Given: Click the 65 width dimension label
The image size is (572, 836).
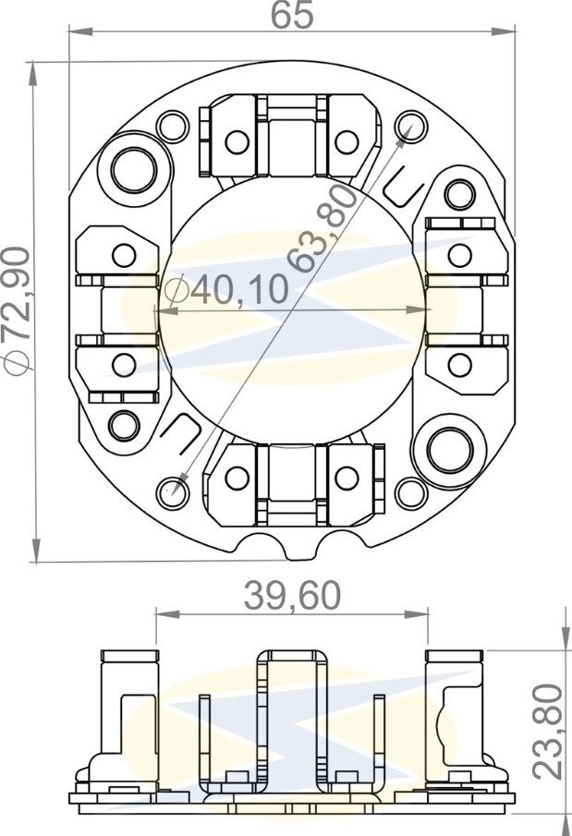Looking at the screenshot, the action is click(292, 15).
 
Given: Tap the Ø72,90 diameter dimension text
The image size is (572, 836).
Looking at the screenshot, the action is click(17, 311).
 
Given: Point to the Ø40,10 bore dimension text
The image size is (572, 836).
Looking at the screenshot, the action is click(226, 289).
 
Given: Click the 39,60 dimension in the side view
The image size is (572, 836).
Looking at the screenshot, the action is click(292, 596).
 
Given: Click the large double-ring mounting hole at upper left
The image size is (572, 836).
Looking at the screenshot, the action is click(134, 171).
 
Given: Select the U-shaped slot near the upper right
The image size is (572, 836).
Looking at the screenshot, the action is click(405, 187).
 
